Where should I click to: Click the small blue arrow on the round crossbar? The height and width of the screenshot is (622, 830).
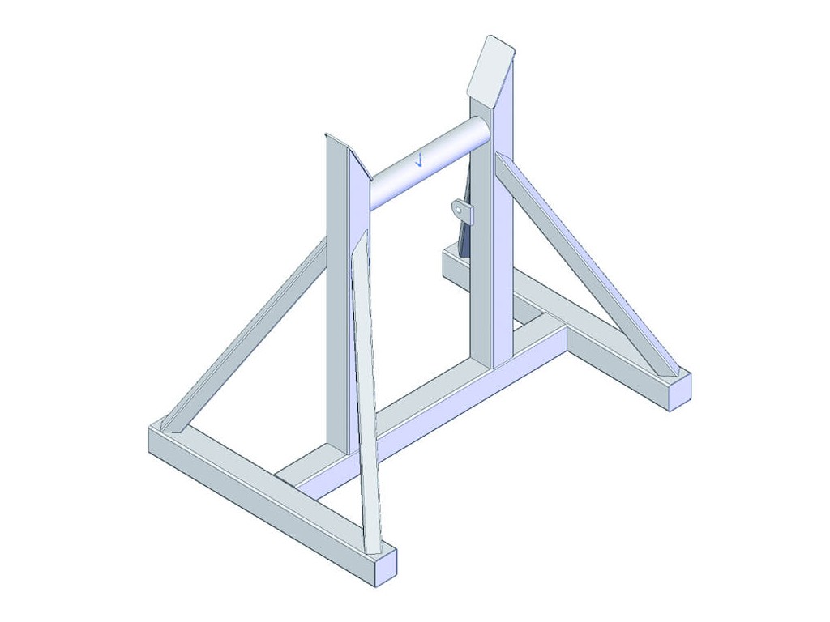tap(419, 159)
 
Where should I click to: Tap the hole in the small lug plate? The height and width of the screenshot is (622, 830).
tap(460, 210)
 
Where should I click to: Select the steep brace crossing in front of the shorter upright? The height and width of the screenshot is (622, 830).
tap(365, 389)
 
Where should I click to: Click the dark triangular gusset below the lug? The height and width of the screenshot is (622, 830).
tap(464, 239)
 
